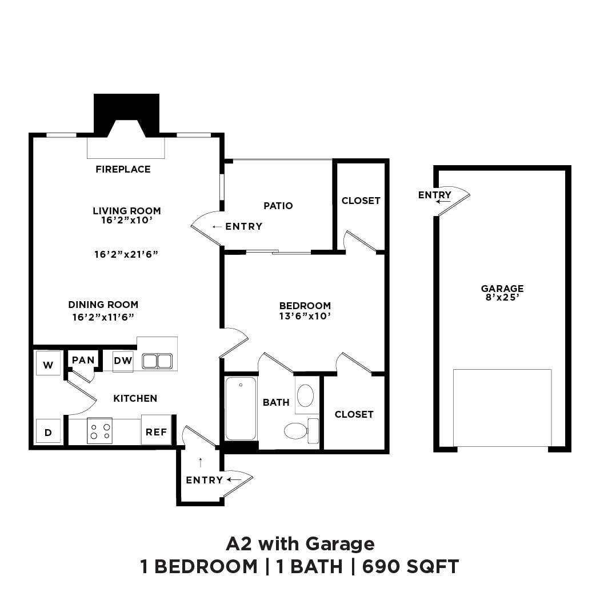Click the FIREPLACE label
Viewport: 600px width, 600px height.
click(x=123, y=169)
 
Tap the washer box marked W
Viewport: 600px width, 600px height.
click(x=48, y=363)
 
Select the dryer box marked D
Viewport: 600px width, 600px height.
click(x=48, y=431)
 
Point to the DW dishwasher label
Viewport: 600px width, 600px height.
click(x=122, y=361)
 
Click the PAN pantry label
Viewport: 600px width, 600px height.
click(x=83, y=360)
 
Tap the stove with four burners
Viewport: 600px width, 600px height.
click(x=99, y=431)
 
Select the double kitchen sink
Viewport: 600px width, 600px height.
click(x=157, y=361)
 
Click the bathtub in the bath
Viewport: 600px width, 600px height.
click(x=241, y=409)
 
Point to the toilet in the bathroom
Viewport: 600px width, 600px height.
click(x=296, y=430)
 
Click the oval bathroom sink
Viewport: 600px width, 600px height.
click(x=306, y=395)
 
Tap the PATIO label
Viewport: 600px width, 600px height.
click(x=278, y=206)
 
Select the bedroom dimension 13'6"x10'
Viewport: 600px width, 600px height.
click(x=305, y=315)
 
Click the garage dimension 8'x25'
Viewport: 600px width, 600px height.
click(x=502, y=297)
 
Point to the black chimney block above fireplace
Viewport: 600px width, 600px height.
click(x=126, y=109)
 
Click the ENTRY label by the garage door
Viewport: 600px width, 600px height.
click(x=434, y=195)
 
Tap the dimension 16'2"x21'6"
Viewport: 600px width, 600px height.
click(x=126, y=254)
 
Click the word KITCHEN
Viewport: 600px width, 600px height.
click(x=135, y=398)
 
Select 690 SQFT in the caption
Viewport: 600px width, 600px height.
click(x=410, y=567)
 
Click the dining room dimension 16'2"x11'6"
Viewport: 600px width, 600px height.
click(x=103, y=316)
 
